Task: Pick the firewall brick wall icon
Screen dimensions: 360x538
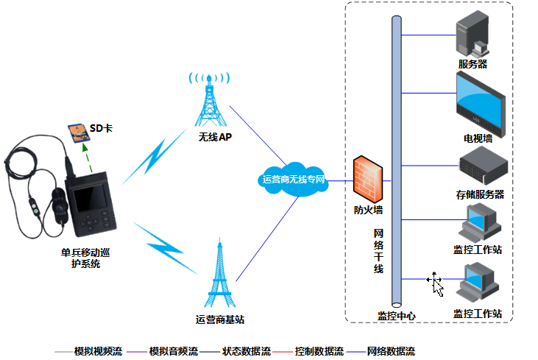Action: coord(368,177)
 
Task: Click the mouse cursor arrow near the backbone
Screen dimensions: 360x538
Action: coord(437,284)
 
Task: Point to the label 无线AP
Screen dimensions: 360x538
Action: coord(215,137)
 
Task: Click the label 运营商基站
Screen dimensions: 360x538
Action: coord(220,319)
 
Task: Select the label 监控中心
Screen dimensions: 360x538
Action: coord(397,315)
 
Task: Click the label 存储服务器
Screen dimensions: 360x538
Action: coord(480,194)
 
